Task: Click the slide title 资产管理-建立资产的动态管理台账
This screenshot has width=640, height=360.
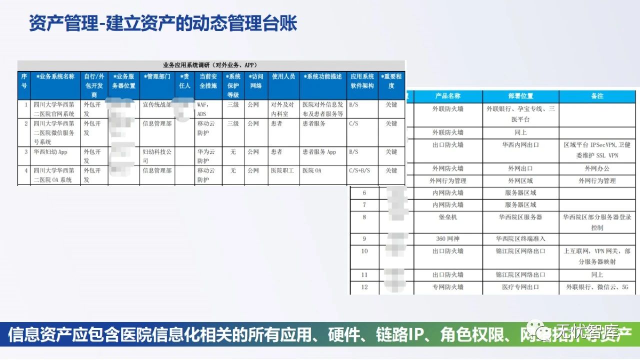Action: pos(163,24)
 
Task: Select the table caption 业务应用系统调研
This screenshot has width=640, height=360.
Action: pos(210,65)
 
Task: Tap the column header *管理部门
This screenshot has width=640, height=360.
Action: pos(157,77)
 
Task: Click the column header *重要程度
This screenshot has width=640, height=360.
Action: pos(391,81)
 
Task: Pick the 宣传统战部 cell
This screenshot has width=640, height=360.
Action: pos(156,105)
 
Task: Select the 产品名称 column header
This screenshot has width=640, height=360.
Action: pos(447,96)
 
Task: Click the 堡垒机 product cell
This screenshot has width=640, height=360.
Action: pos(447,217)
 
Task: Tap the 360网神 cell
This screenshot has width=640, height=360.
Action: pos(447,239)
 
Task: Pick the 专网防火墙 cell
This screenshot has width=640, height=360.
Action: pos(447,287)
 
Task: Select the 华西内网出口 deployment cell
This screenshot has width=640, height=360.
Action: pos(520,145)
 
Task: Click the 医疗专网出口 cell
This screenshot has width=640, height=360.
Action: pos(520,287)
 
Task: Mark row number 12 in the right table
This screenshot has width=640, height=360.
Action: pos(364,287)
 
